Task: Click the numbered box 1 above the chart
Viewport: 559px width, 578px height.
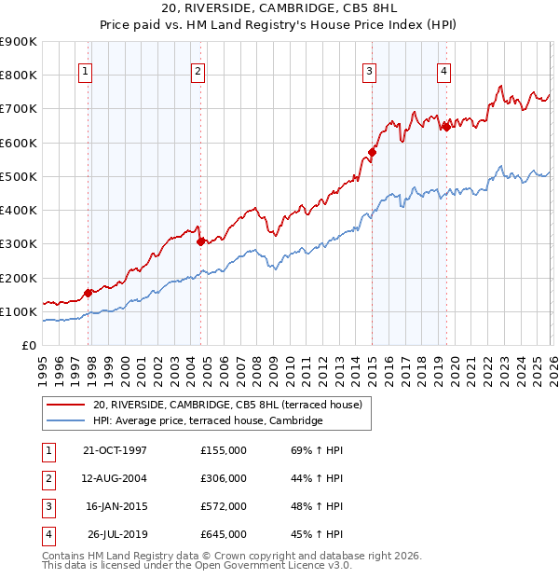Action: tap(85, 71)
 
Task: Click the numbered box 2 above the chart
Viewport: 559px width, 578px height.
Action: tap(198, 71)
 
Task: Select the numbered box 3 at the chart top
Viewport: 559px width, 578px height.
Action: tap(370, 71)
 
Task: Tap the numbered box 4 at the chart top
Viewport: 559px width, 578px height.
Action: tap(444, 71)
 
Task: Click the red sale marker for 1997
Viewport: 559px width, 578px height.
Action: tap(89, 293)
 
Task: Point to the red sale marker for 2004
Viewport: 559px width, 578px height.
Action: tap(200, 241)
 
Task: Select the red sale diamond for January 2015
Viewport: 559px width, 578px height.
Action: tap(372, 152)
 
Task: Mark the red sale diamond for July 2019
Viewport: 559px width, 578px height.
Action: tap(446, 128)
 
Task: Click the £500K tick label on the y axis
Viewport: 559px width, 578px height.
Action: tap(19, 176)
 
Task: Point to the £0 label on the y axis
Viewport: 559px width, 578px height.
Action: tap(29, 345)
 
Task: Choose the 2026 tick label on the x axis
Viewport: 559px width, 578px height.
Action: tap(551, 366)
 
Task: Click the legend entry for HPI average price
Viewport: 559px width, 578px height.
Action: tap(207, 420)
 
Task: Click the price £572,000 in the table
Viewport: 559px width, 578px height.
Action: tap(223, 507)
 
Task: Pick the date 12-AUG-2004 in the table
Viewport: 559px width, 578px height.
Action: tap(116, 479)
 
